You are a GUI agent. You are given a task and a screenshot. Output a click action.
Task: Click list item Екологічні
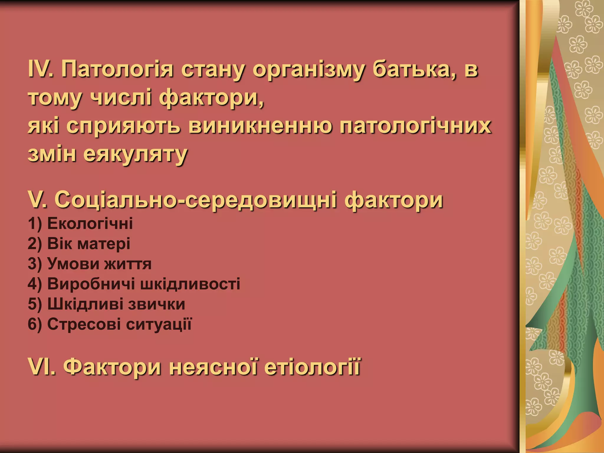pyautogui.click(x=90, y=224)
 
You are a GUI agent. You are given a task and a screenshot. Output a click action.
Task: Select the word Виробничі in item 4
pyautogui.click(x=91, y=284)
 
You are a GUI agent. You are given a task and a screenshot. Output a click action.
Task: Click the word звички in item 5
pyautogui.click(x=157, y=304)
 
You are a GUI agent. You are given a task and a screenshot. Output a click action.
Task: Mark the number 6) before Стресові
pyautogui.click(x=35, y=324)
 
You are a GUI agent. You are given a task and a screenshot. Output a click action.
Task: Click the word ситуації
pyautogui.click(x=159, y=324)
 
